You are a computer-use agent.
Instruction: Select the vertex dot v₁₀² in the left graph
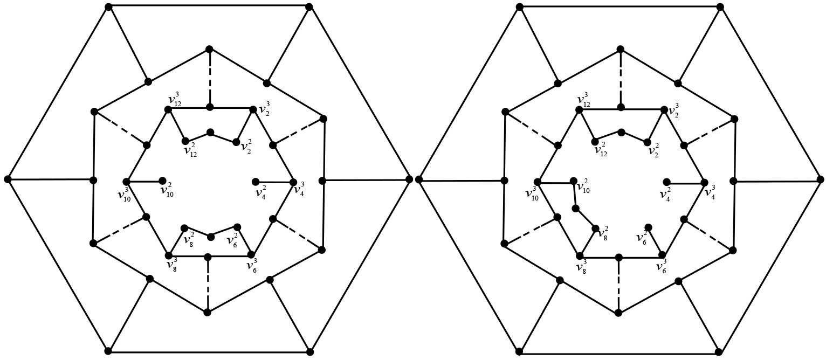[x=162, y=182]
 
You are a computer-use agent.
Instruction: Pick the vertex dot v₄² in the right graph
[x=667, y=182]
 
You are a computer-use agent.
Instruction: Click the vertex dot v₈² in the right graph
[x=596, y=229]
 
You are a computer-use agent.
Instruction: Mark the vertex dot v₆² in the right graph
[x=649, y=227]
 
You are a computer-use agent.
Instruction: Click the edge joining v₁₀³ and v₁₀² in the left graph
[x=144, y=182]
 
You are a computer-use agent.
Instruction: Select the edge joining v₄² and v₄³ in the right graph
[x=685, y=183]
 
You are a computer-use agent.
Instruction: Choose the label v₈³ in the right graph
[x=582, y=266]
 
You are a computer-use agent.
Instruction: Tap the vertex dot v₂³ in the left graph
[x=252, y=109]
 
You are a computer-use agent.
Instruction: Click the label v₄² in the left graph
[x=260, y=191]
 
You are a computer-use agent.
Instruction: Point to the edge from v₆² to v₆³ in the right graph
[x=656, y=240]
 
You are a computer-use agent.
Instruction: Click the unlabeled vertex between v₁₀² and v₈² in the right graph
[x=576, y=209]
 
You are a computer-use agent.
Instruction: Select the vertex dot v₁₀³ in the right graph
[x=538, y=182]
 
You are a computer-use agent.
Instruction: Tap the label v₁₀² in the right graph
[x=583, y=187]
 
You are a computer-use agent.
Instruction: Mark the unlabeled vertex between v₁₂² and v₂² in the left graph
[x=210, y=132]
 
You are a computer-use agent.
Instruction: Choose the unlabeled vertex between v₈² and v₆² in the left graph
[x=211, y=237]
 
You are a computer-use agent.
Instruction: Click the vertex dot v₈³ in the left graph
[x=169, y=255]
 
